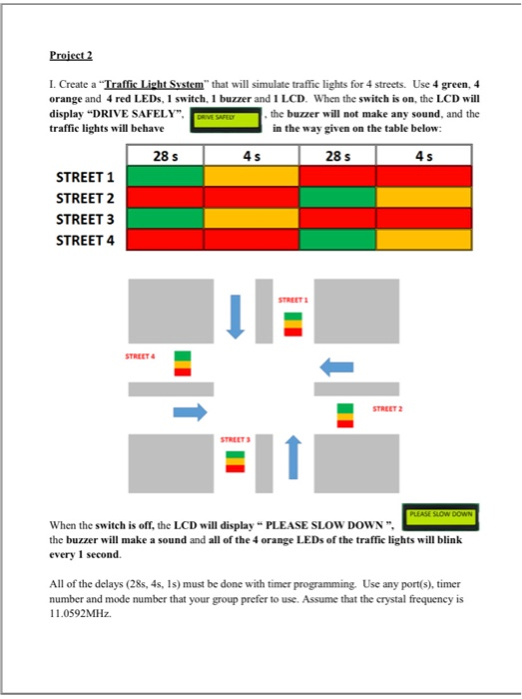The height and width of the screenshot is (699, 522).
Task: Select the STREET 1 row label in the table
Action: pos(87,178)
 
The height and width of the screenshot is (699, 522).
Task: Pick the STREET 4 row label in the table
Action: pos(87,240)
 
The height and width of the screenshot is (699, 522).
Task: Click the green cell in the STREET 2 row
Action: pos(338,199)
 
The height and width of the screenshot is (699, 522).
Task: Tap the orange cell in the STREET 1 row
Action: pos(252,178)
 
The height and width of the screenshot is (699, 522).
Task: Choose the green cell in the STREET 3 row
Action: pos(166,220)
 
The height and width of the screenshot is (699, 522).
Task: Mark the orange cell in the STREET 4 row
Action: pos(425,241)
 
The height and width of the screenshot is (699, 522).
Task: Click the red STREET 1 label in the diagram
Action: pos(291,300)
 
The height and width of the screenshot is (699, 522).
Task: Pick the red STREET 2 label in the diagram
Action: pos(387,408)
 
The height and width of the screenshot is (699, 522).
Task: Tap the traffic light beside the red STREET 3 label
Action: pos(235,460)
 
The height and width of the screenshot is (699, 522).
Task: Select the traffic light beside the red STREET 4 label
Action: pos(183,362)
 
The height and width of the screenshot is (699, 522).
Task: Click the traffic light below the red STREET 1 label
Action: pos(291,324)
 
